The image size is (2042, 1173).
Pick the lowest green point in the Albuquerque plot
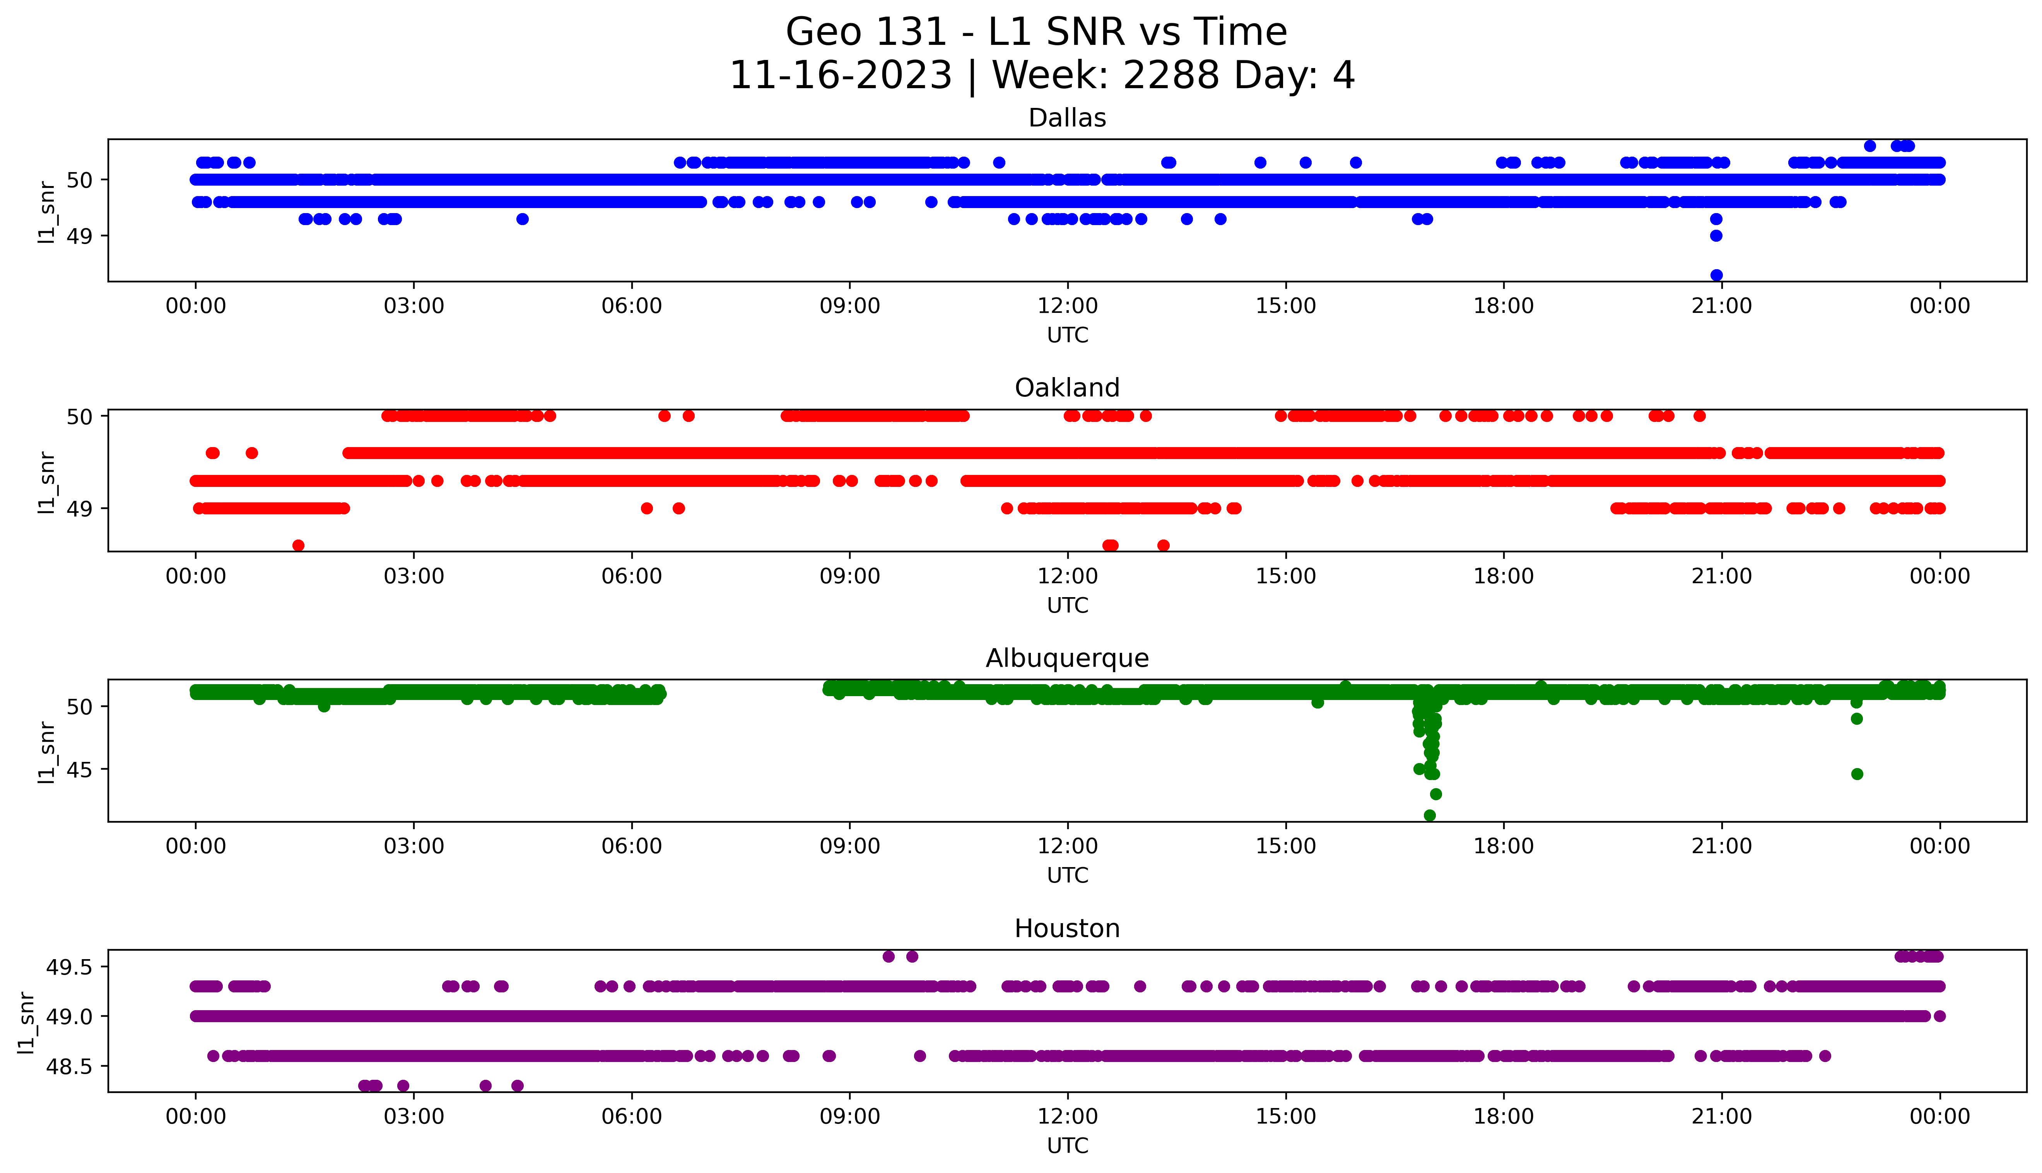point(1430,815)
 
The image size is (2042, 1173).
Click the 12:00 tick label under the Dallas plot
point(1067,306)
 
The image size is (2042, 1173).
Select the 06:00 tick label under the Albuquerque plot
point(632,847)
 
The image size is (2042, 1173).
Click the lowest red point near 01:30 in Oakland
point(298,545)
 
